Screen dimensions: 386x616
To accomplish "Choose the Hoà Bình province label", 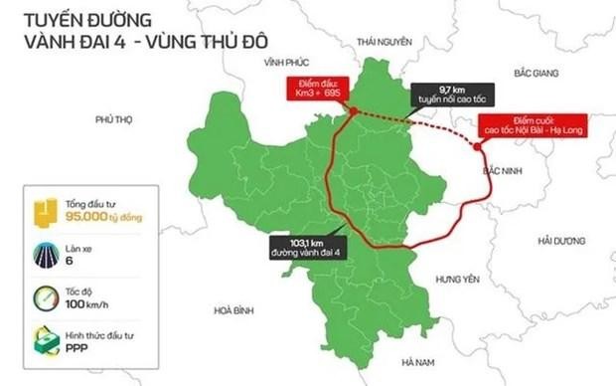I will [233, 310].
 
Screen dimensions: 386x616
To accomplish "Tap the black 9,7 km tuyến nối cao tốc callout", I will [443, 97].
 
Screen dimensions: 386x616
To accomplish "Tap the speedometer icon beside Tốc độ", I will [44, 298].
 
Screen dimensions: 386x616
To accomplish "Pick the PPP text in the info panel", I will [76, 349].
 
